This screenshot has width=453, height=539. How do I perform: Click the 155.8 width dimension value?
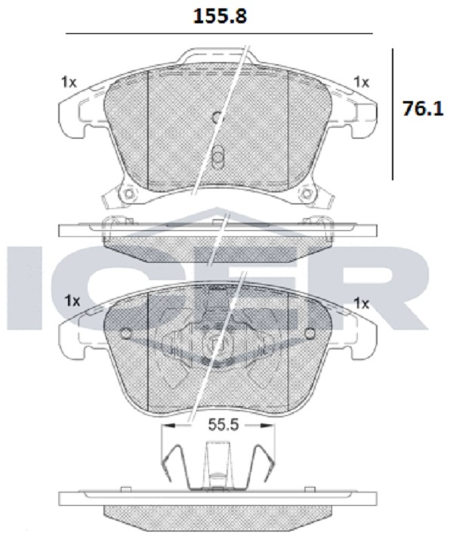(x=220, y=16)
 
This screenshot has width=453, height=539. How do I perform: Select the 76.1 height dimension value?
(x=423, y=109)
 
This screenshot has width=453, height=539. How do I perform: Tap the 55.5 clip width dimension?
(x=223, y=425)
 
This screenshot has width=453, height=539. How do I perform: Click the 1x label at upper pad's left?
(x=69, y=82)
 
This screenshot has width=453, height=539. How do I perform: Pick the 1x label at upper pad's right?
(x=362, y=82)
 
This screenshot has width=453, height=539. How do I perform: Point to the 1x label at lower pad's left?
(x=72, y=300)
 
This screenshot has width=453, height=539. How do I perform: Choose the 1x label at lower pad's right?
(x=362, y=303)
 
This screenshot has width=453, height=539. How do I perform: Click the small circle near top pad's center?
(x=217, y=118)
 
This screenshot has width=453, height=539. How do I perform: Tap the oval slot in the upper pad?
(x=217, y=157)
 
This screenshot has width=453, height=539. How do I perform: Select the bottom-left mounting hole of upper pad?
(x=128, y=193)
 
